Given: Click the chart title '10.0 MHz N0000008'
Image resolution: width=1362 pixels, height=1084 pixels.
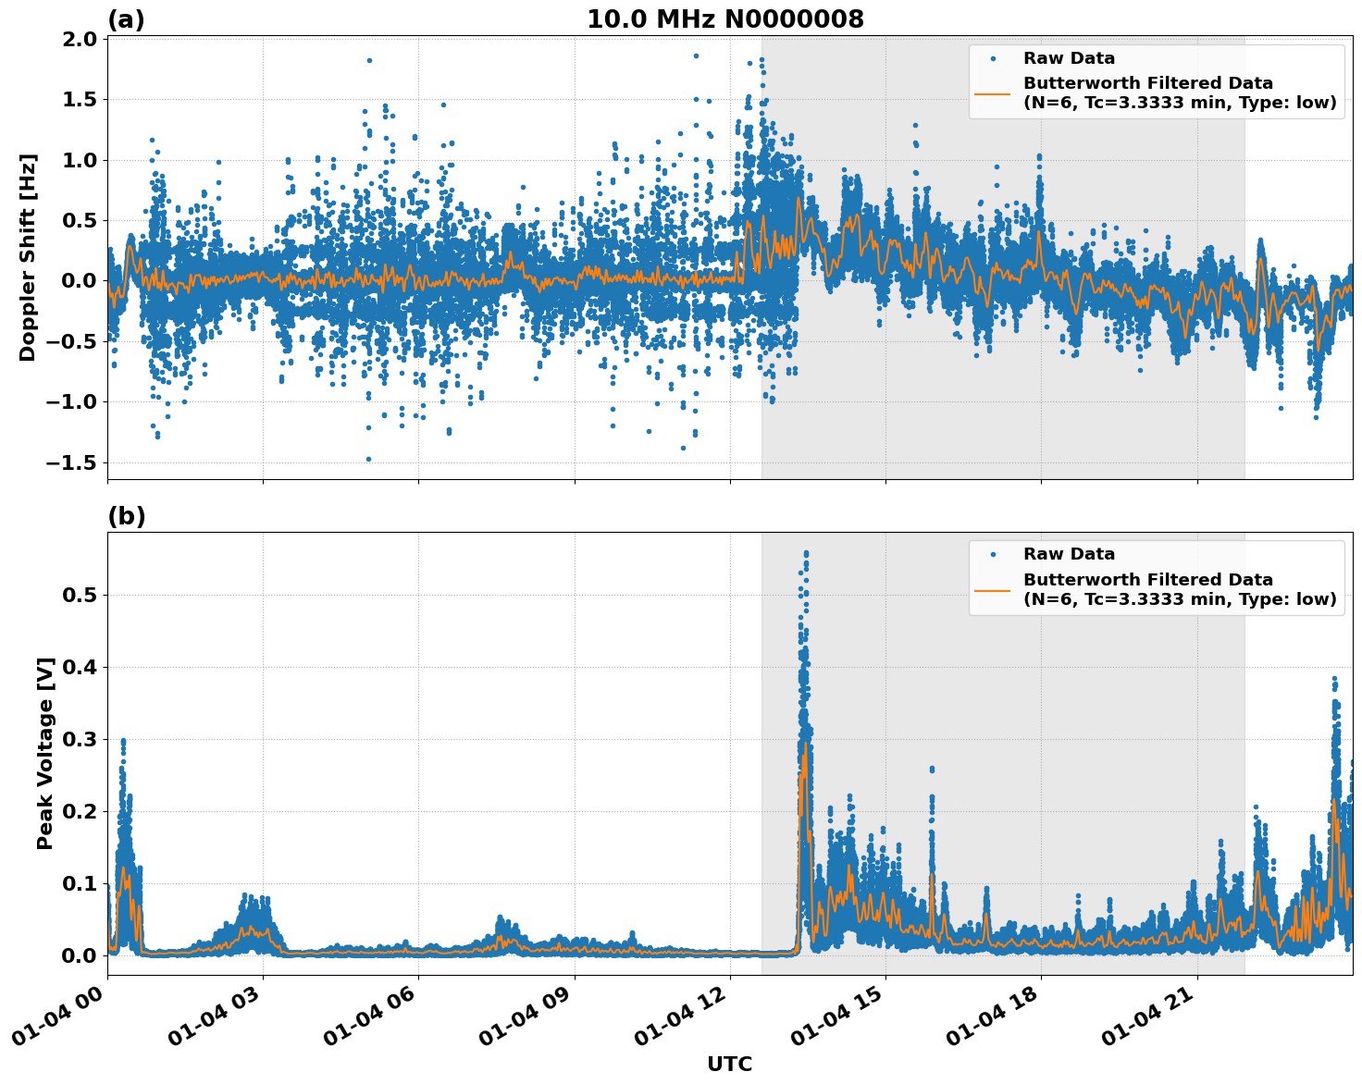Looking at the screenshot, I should (x=725, y=19).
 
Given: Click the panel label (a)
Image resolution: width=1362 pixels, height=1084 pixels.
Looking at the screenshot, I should (x=126, y=19).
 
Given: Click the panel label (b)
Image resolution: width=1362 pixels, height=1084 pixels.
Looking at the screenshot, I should (x=126, y=516).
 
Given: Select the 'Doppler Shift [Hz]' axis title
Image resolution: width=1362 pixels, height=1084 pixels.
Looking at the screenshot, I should (x=28, y=257).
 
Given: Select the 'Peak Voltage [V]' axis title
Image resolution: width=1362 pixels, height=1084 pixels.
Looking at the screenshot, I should (x=45, y=753).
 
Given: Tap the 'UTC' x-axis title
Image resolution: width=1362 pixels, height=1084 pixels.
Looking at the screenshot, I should (x=729, y=1064).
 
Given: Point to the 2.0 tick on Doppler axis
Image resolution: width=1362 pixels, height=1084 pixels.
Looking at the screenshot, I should (x=80, y=39).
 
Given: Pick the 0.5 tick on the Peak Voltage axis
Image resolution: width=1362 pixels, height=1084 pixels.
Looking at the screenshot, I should (x=80, y=595).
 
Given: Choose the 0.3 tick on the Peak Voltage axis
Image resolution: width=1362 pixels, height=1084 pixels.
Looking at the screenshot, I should (x=80, y=739).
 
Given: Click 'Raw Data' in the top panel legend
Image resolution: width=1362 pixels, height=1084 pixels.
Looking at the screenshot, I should (x=1069, y=58).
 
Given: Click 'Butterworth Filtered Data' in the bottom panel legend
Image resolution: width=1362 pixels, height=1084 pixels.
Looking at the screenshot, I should (x=1147, y=580).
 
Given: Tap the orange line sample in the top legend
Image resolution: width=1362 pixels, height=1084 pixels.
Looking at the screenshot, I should (x=993, y=93).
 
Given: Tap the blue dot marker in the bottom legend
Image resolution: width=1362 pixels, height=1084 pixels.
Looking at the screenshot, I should (x=993, y=554).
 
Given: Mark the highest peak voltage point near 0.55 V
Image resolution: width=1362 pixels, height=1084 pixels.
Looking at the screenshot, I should (x=806, y=553).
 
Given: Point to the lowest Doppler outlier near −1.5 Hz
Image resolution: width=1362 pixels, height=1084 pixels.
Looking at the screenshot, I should (x=368, y=459).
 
